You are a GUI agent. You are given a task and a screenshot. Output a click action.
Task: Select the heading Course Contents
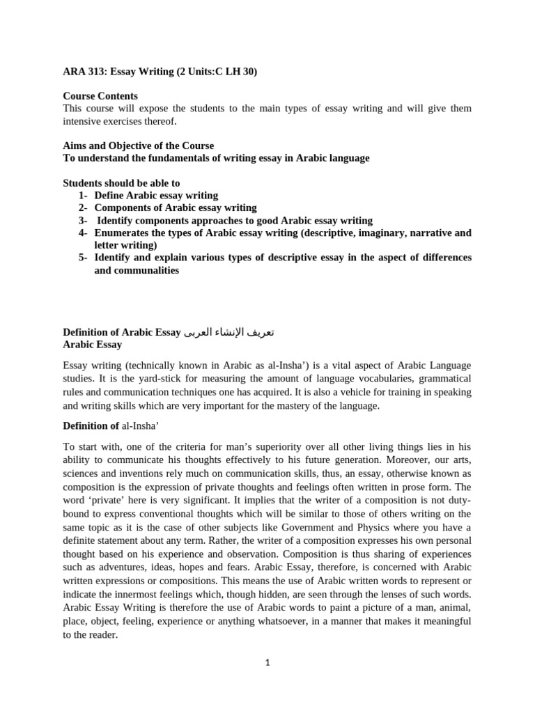(x=100, y=95)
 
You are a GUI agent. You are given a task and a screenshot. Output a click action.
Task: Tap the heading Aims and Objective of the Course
(x=139, y=146)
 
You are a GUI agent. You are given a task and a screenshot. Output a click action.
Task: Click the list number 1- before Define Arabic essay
(x=83, y=195)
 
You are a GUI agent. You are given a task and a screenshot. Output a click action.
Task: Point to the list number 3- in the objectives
(x=83, y=220)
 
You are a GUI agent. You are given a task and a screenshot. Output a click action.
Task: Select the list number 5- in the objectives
(x=83, y=258)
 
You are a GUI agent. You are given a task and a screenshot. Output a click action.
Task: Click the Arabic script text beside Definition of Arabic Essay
(x=229, y=331)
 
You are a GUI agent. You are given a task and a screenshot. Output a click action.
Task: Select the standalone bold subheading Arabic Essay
(x=93, y=344)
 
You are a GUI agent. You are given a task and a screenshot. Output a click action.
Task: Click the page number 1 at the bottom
(x=267, y=662)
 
